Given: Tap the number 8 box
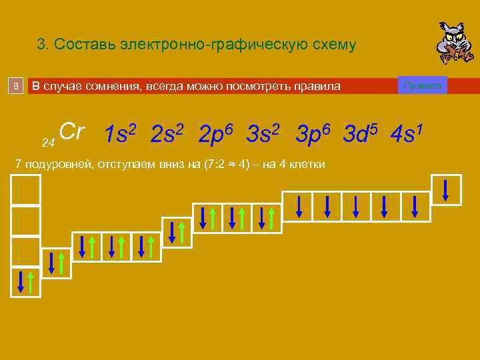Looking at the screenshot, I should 17,86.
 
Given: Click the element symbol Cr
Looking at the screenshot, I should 71,131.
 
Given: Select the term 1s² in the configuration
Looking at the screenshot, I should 121,133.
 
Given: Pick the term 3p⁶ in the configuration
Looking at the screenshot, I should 312,133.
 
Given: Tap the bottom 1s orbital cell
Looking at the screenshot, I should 25,281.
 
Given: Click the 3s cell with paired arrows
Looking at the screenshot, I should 177,231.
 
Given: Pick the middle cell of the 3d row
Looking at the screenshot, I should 356,206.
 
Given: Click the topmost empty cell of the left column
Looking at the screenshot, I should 25,189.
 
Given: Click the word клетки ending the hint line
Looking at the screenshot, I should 309,164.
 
